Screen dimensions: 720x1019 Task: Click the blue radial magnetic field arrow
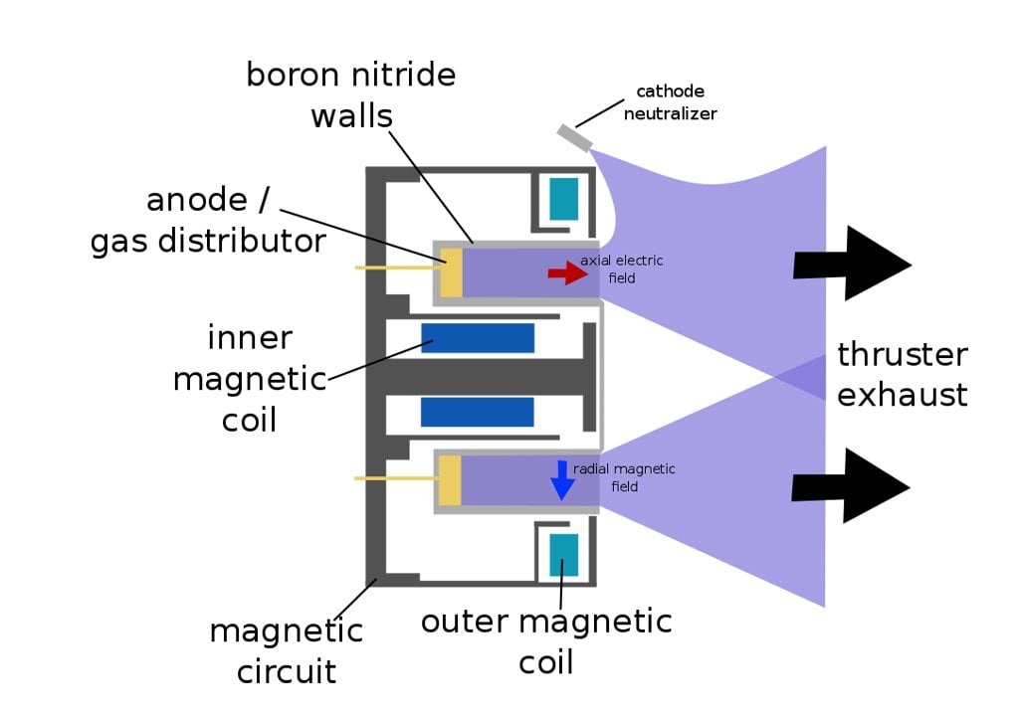point(562,480)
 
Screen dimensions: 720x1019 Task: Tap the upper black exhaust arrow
point(852,264)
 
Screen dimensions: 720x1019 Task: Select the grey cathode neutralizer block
point(572,136)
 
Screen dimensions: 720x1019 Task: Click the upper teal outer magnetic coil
point(563,199)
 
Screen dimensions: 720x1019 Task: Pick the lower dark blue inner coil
point(478,411)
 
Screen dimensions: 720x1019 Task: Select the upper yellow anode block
point(451,271)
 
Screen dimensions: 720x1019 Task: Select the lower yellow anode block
point(450,479)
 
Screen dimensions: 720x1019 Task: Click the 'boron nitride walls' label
point(350,94)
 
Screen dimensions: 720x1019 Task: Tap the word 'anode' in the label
point(196,200)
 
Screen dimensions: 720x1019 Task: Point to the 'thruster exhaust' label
point(902,374)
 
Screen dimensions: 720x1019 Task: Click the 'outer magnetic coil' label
point(546,641)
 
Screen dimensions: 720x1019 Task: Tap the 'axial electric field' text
point(621,270)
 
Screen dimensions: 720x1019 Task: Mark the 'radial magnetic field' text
point(624,476)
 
